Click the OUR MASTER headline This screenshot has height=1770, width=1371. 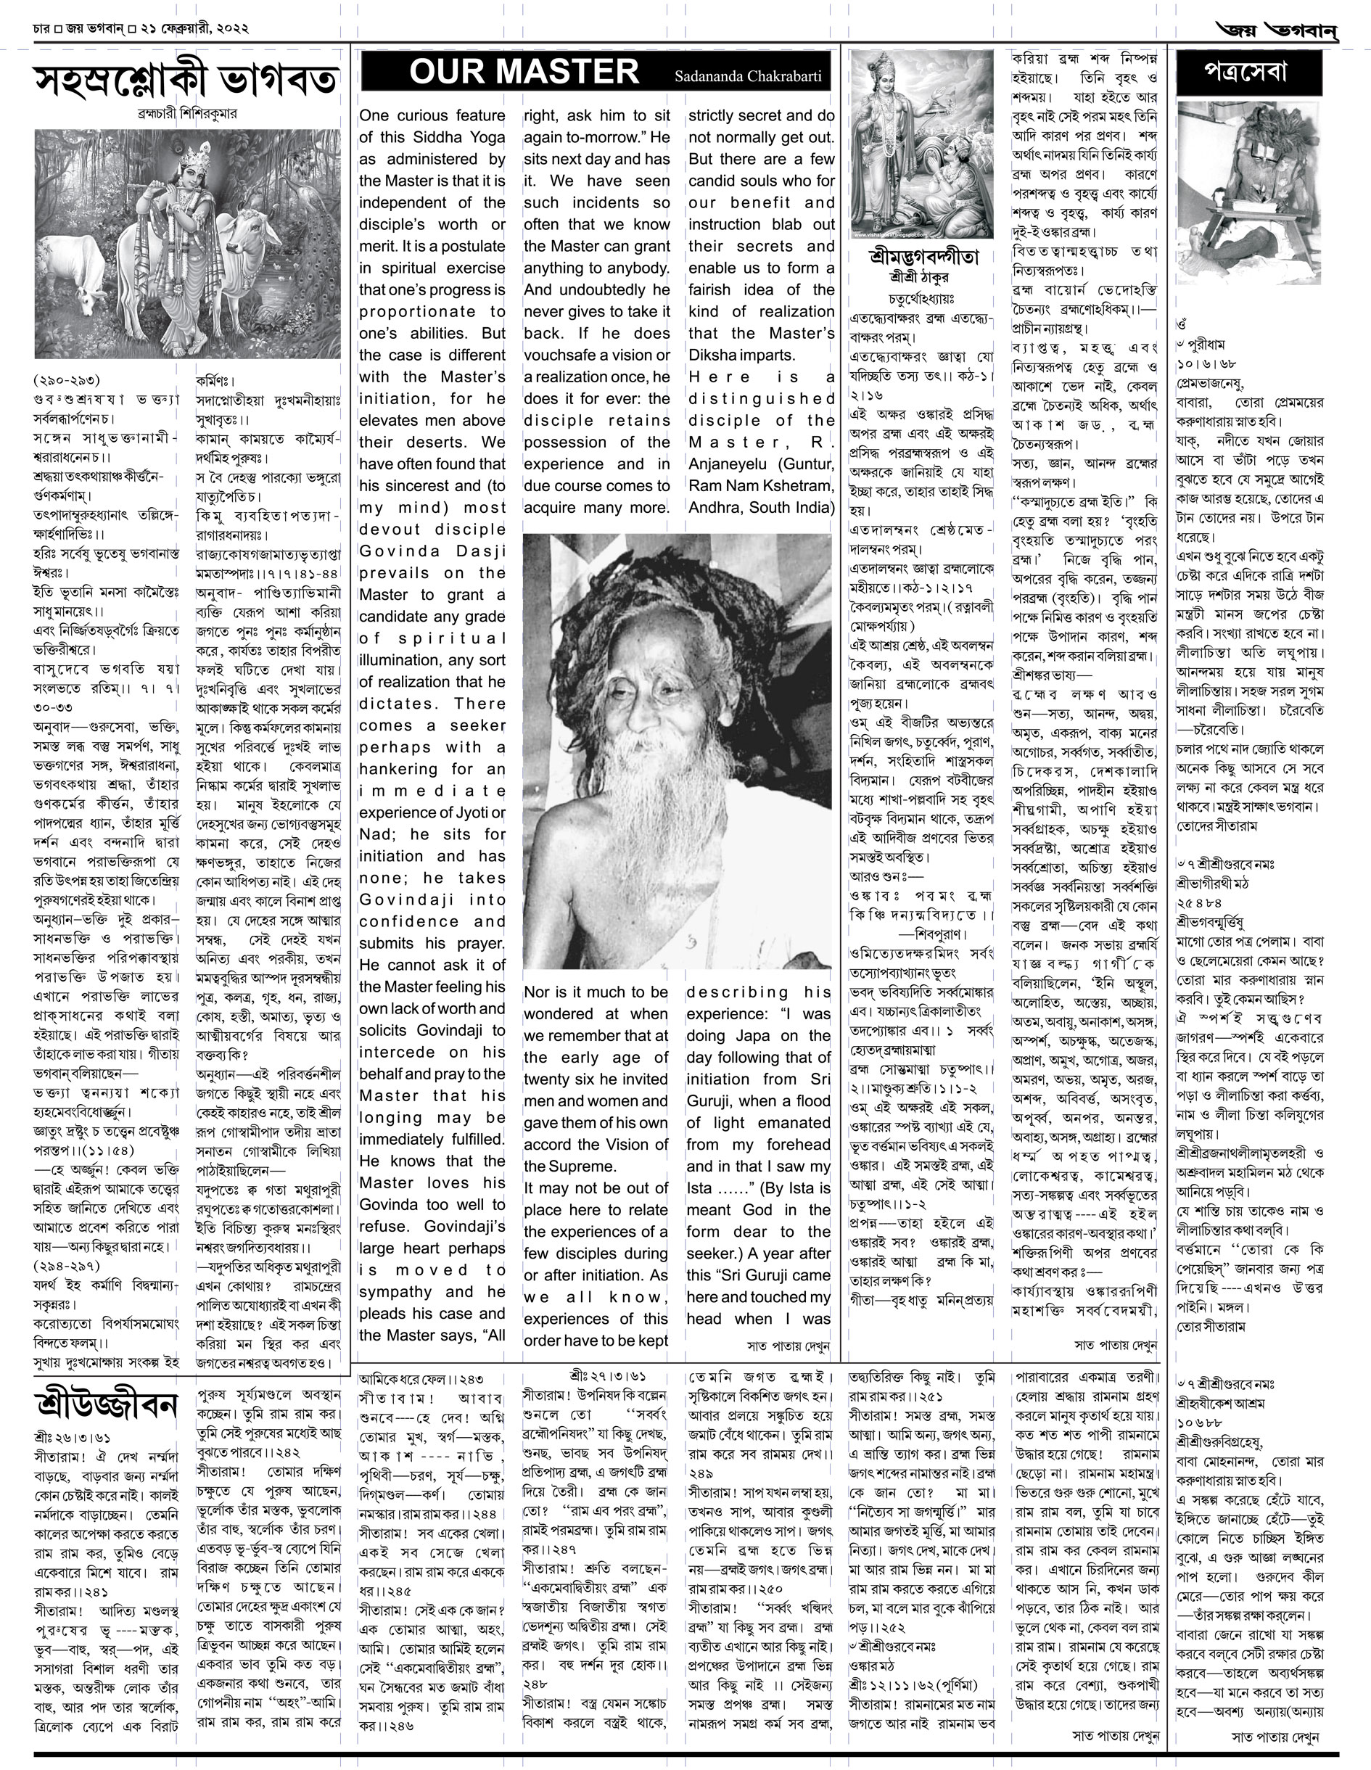coord(524,72)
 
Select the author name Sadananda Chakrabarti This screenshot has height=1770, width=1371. coord(748,77)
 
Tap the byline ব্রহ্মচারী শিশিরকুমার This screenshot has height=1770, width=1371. coord(187,115)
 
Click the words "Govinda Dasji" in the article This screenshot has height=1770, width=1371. coord(432,551)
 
